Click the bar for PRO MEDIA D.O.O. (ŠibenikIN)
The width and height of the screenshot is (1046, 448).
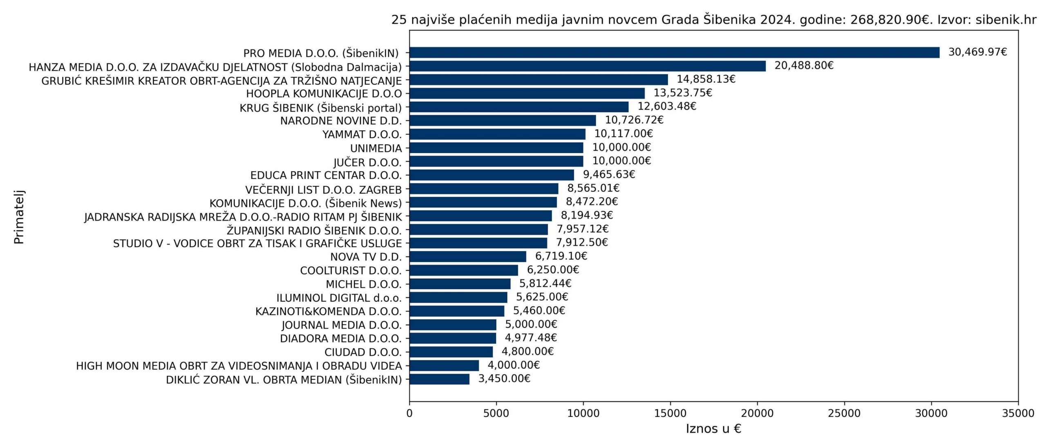674,53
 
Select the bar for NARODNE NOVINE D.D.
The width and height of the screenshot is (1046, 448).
503,120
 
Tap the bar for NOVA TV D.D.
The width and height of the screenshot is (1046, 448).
468,256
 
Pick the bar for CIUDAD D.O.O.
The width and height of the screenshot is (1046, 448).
451,352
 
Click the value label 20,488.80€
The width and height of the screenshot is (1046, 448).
804,65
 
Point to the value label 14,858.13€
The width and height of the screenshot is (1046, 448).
706,79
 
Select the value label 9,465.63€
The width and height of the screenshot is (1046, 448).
609,174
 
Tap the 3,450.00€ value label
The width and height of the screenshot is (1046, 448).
504,379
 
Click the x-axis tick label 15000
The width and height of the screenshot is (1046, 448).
670,413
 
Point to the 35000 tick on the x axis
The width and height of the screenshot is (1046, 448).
1018,413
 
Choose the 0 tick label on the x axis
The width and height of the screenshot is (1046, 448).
409,413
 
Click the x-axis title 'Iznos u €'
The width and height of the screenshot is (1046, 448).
713,429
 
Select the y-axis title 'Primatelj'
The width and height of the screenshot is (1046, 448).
19,217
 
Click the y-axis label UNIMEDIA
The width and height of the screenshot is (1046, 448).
376,148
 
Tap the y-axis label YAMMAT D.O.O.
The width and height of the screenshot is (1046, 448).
362,134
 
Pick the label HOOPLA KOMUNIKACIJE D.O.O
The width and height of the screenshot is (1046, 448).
324,94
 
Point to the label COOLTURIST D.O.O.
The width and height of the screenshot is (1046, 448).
351,271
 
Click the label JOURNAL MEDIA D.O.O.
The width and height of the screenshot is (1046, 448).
342,325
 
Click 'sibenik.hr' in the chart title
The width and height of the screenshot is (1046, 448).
1006,20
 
